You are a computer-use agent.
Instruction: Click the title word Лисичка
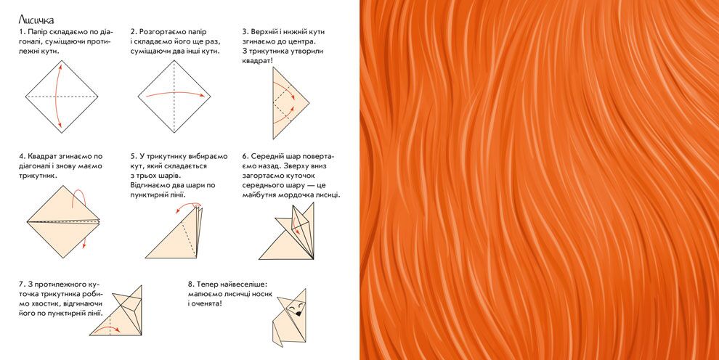tap(36, 20)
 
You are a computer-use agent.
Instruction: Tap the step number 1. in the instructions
tap(22, 32)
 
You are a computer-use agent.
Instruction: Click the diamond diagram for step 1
tap(62, 97)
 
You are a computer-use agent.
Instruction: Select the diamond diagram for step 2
tap(174, 97)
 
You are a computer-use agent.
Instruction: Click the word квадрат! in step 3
tap(257, 61)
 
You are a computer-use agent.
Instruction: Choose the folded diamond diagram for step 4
tap(63, 222)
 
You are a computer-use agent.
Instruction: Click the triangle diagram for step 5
tap(174, 233)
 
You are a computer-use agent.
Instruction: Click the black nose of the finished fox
tap(298, 314)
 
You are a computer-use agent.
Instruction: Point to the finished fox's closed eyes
tap(296, 304)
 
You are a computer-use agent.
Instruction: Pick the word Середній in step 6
tap(267, 156)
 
